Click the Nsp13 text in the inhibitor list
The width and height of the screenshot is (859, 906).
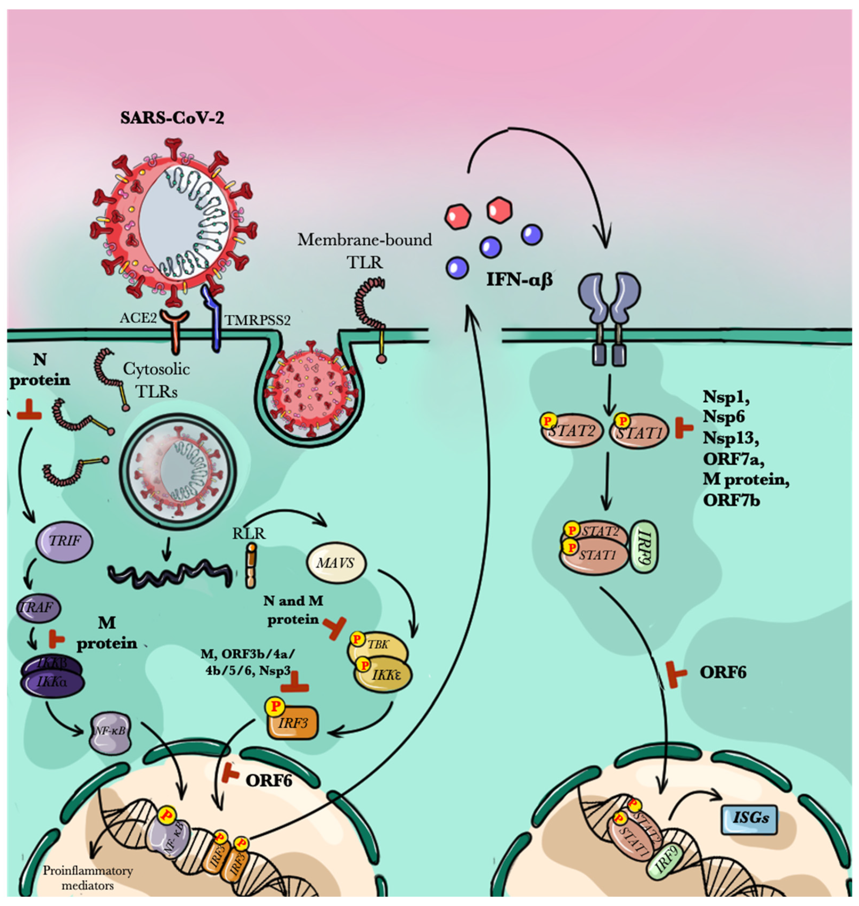[x=731, y=438]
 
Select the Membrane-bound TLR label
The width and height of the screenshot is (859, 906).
[x=365, y=251]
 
